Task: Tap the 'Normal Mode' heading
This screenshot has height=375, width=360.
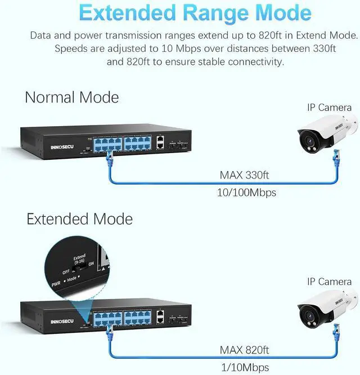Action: point(72,97)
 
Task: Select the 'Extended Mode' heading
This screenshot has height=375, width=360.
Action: point(80,218)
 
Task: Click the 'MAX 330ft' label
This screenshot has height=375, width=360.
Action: point(244,175)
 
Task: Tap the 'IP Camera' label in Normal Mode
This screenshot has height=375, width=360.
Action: point(329,108)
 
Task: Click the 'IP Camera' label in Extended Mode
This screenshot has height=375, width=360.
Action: point(329,281)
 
